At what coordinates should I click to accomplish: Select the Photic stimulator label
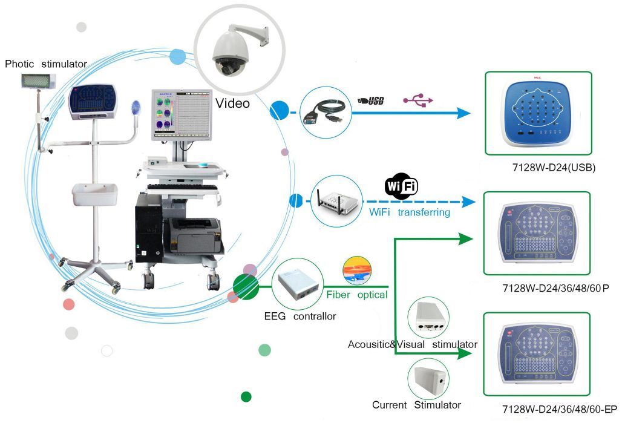(46, 64)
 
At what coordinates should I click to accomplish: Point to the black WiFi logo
(401, 187)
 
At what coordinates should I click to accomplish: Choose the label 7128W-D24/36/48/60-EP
(555, 409)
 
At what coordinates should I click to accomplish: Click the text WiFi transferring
(410, 212)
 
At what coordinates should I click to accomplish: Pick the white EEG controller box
(296, 285)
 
